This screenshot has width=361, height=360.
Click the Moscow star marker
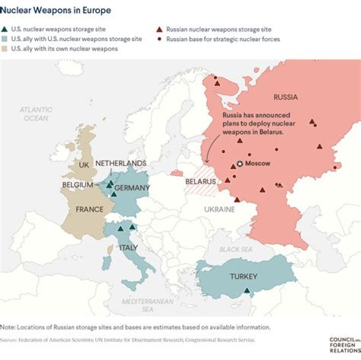coord(240,163)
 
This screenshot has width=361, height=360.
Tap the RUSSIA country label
coord(286,97)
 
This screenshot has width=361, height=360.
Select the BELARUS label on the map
coord(200,182)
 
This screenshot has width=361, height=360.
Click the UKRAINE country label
coord(219,209)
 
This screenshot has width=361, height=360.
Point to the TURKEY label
coord(243,276)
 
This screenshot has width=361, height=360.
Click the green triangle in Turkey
coord(247,290)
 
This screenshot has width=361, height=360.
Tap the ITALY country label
coord(128,248)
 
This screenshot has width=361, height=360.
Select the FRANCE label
coord(89,209)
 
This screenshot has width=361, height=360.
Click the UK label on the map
coord(83,165)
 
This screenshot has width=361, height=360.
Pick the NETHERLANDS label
coord(120,163)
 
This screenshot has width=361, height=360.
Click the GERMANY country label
coord(132,188)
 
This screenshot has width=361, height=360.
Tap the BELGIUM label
coord(78,185)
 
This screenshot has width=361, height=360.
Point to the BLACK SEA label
coord(236,249)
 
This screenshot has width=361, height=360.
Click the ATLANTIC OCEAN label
coord(36,114)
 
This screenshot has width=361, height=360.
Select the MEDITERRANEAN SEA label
coord(148,305)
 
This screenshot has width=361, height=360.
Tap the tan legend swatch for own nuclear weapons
coord(5,49)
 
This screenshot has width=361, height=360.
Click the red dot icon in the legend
coord(159,39)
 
